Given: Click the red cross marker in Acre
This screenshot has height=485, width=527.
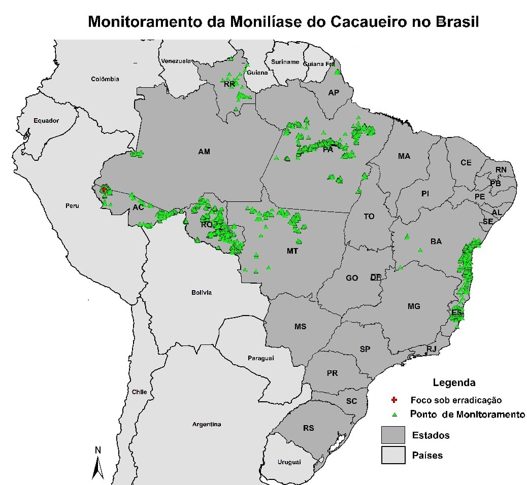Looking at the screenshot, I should pos(104,189).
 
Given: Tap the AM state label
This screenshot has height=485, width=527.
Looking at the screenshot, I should pos(204,152).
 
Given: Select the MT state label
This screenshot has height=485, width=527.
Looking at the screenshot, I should pos(292,251).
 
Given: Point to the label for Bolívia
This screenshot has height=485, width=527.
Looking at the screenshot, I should pos(202,292).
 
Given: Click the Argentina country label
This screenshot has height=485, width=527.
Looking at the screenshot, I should pos(207,424).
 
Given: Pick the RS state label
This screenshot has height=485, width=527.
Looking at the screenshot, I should pos(309,428).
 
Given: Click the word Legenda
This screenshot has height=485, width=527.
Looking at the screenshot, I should pos(454,383).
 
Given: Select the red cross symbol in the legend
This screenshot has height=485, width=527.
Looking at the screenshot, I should pos(394,400).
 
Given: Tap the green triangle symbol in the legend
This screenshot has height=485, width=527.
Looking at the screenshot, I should pos(394,414).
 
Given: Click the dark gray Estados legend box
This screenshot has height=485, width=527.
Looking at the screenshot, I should pos(393,435).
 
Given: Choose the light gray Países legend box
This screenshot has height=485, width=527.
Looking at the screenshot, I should pos(393,455).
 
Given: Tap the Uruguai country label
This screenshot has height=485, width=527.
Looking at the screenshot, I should pos(289,462).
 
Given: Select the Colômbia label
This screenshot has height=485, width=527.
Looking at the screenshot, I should pos(105,79).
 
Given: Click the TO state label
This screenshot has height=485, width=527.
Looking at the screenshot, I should pos(369,216).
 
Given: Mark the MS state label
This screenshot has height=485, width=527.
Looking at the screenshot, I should pos(300,326).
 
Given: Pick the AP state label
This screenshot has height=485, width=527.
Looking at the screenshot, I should pos(334,93).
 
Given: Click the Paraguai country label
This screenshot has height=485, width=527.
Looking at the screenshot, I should pos(260,358).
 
